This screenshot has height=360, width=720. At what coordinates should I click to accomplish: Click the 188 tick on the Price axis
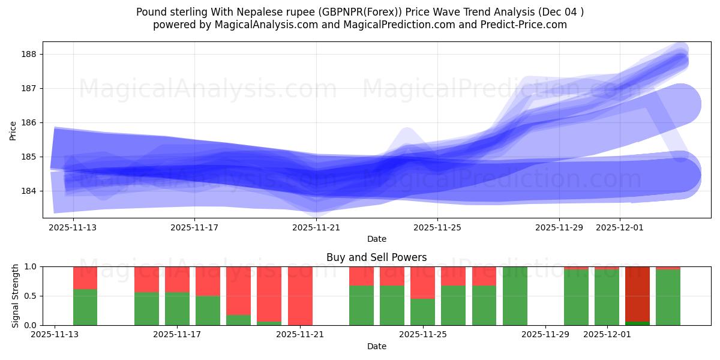29,54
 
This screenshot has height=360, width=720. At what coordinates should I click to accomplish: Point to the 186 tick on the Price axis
29,122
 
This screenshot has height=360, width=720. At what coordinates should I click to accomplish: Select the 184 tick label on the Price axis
29,191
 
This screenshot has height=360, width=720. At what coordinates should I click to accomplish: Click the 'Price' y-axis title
13,130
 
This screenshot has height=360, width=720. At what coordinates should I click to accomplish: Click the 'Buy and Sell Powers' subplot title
376,257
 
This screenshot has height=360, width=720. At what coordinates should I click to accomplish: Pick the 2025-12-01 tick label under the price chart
620,227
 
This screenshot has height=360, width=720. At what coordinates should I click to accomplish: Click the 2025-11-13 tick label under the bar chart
55,335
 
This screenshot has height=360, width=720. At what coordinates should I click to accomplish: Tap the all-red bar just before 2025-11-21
300,295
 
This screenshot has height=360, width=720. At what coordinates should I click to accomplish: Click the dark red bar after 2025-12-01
637,294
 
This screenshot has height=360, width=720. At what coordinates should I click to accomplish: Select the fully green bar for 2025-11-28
515,296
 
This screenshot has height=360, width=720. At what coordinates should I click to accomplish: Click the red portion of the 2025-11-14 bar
85,278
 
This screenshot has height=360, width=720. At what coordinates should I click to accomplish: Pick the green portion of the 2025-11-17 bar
177,308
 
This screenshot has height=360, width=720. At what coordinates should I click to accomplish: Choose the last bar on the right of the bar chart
668,297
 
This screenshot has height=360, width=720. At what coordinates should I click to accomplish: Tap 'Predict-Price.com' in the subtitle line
523,25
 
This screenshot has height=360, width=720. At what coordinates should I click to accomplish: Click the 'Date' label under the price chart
376,239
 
